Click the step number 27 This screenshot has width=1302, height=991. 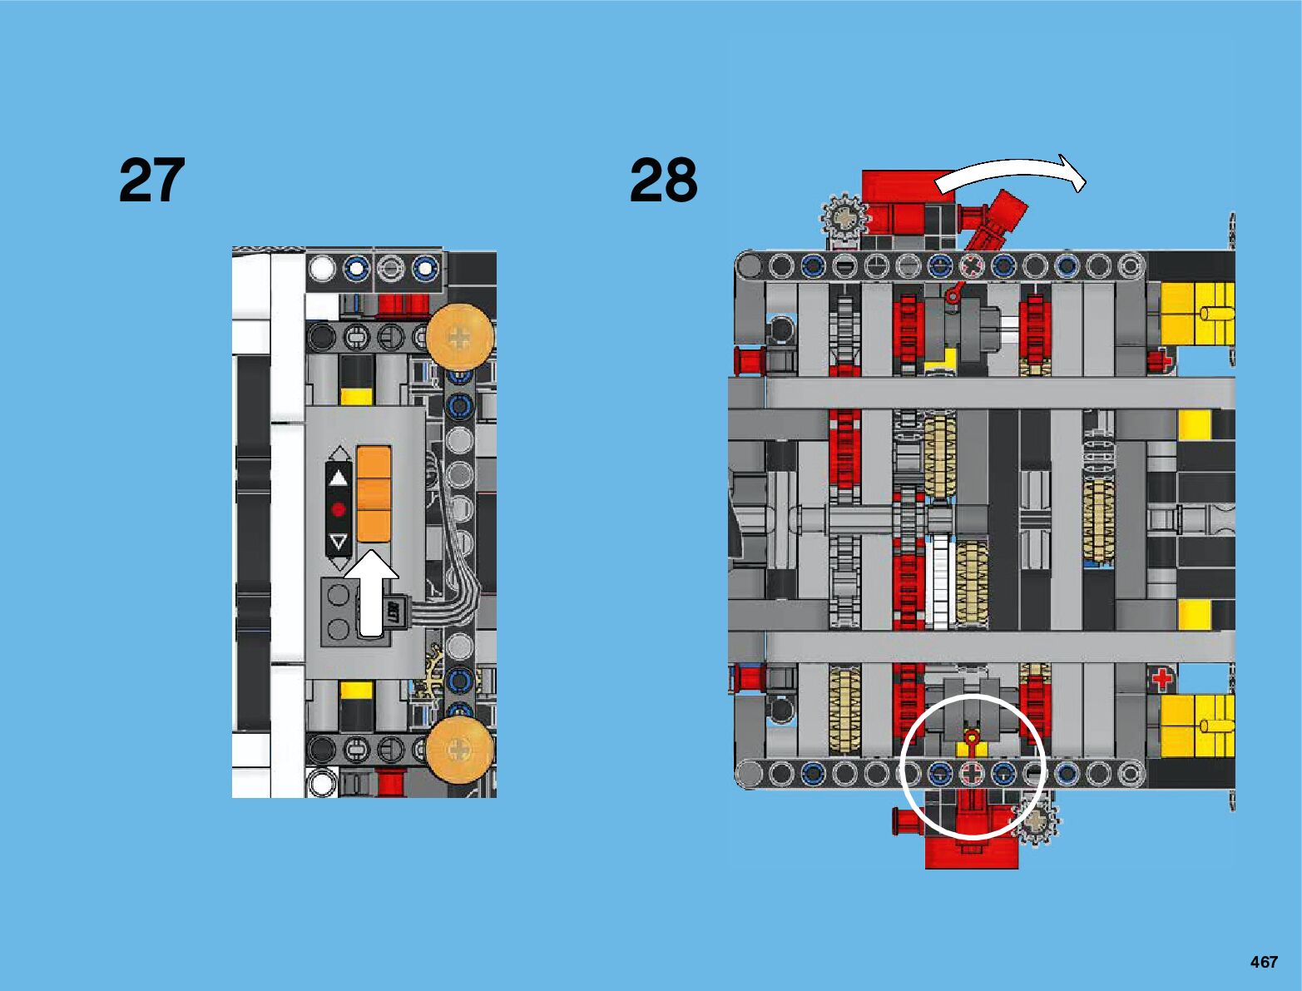151,180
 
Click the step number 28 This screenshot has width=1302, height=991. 663,180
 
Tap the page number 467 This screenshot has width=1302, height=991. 1263,962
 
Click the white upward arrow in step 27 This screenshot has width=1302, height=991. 371,592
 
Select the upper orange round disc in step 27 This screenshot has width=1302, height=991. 459,337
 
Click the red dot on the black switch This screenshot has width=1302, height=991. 338,509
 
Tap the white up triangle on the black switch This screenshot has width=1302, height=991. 338,478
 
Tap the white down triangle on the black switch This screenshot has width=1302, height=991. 338,543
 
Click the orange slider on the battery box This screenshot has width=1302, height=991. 374,493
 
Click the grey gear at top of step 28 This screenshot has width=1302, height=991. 844,218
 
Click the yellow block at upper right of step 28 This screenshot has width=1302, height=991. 1196,314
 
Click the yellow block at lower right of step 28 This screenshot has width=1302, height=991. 1196,726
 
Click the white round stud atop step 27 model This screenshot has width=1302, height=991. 322,269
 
